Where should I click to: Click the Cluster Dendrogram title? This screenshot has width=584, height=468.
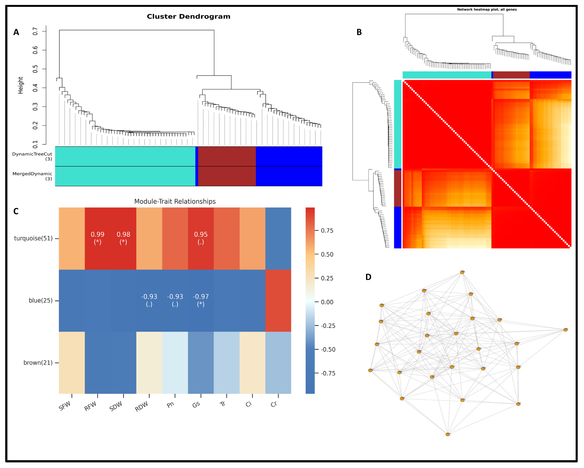[x=189, y=17]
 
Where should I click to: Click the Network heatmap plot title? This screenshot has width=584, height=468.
[x=487, y=9]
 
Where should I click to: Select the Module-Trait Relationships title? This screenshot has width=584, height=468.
[x=175, y=201]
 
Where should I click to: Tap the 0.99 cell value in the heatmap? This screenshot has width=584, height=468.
[x=98, y=234]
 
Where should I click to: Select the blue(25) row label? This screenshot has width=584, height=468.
[x=41, y=301]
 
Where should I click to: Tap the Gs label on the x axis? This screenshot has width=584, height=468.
[x=196, y=405]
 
